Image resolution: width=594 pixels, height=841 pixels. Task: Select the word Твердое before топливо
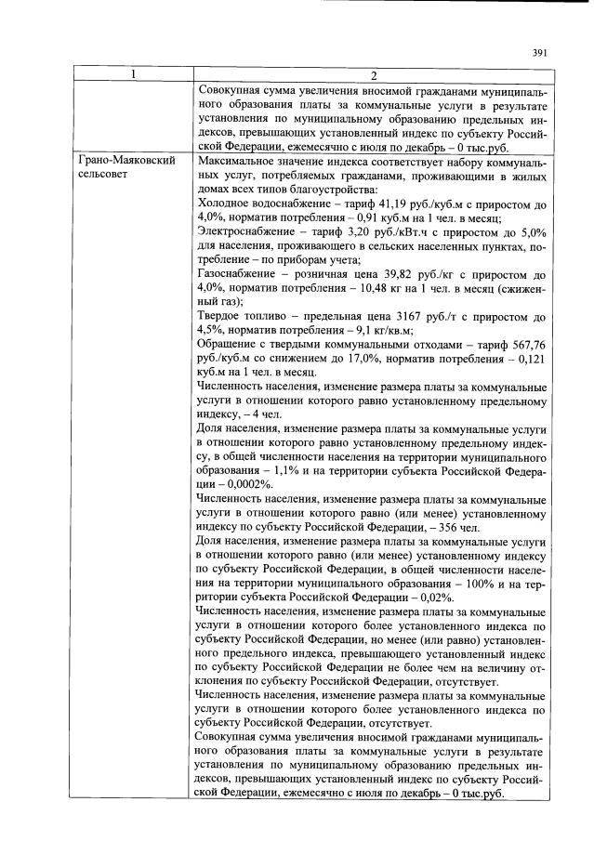click(223, 315)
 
